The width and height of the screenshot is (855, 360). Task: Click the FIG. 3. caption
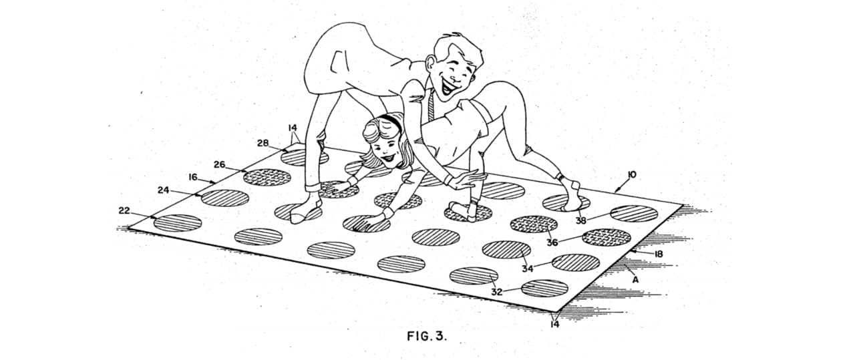(x=426, y=336)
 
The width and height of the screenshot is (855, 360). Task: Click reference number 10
(x=631, y=175)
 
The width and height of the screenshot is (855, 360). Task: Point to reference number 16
(x=193, y=177)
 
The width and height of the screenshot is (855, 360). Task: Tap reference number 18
(x=659, y=254)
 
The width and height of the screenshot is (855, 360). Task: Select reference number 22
(x=124, y=210)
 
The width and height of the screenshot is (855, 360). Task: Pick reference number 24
(x=164, y=190)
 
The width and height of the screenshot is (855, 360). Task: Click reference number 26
(x=220, y=164)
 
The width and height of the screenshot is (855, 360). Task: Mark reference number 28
(x=263, y=143)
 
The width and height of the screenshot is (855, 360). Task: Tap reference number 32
(x=496, y=292)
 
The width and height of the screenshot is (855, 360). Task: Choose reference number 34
(x=528, y=268)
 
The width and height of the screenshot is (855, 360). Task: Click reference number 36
(x=552, y=242)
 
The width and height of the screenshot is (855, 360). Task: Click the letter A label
(x=635, y=280)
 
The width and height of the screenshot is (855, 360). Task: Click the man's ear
(x=431, y=64)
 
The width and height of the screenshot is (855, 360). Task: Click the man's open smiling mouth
(x=448, y=88)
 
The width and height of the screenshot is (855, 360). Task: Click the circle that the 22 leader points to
(x=178, y=223)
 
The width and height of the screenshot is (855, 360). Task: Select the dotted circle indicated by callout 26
(x=267, y=178)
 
